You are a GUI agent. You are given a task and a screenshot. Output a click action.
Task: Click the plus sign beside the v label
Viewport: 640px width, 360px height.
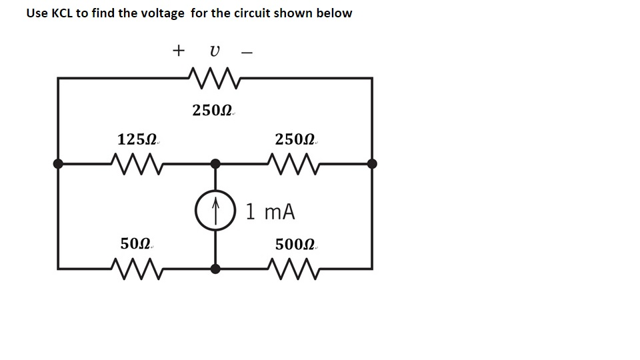(x=178, y=50)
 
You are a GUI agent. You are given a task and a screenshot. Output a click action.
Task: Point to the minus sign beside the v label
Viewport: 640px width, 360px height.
(x=247, y=51)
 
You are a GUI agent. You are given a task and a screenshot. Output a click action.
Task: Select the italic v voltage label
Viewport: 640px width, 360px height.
(x=213, y=51)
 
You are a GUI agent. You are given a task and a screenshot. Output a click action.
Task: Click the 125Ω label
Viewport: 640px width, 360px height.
(x=138, y=140)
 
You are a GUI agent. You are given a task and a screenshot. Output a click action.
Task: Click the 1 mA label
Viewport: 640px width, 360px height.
(x=270, y=212)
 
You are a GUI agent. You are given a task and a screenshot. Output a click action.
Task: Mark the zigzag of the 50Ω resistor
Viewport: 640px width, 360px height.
(x=136, y=269)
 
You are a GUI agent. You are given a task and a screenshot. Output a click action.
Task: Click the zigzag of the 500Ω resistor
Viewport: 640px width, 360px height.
(x=293, y=269)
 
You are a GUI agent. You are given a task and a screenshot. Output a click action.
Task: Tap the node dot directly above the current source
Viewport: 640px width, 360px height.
(x=215, y=163)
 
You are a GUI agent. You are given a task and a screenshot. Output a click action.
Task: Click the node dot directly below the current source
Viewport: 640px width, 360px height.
(x=215, y=269)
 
